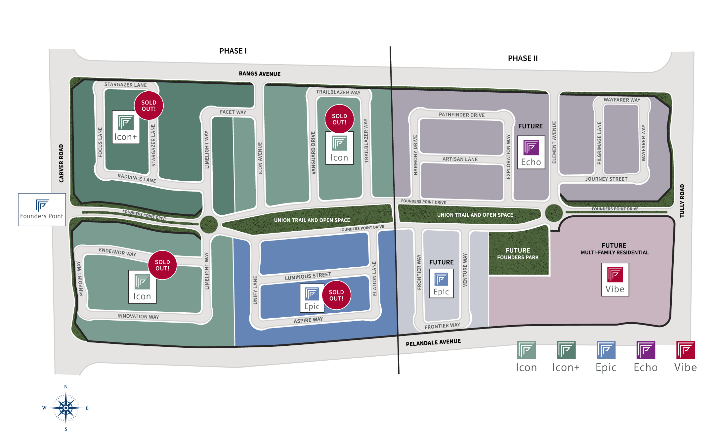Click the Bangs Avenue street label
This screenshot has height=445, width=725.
(260, 74)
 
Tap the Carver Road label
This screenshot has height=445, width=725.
(61, 163)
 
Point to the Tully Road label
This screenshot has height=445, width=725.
(682, 201)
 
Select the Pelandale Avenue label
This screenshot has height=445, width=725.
(433, 342)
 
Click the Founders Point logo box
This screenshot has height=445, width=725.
(42, 210)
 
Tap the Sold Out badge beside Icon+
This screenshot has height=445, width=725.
(149, 106)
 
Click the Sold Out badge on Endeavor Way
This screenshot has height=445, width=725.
(162, 265)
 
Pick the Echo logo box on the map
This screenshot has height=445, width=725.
(531, 153)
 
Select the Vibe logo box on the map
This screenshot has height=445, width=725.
(615, 280)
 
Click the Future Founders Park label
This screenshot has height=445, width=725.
(518, 254)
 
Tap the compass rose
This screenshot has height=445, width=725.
(66, 408)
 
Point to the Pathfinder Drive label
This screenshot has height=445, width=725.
(462, 115)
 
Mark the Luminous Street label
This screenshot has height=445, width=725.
(308, 276)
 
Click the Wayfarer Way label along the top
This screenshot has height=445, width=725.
(622, 100)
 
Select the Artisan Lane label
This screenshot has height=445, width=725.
(460, 159)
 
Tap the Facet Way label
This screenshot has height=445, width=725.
(233, 112)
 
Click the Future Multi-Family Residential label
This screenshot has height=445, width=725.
(615, 248)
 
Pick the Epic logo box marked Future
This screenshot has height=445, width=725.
(441, 284)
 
